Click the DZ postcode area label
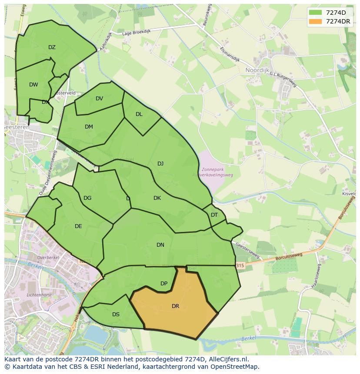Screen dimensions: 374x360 pos(52,47)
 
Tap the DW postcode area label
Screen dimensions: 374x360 pos(33,85)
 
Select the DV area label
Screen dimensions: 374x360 pos(99,99)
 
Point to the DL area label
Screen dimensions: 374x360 pos(139,114)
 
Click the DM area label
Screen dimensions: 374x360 pos(89,127)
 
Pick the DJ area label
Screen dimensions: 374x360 pos(160,164)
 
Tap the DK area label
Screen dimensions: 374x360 pos(157,198)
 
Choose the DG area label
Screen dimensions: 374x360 pos(87,198)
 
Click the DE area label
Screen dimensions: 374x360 pos(78,226)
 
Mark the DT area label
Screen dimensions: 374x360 pos(214,215)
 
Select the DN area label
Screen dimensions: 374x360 pos(160,245)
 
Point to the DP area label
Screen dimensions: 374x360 pos(164,284)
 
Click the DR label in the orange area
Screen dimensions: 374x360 pos(175,306)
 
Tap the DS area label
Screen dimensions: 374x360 pos(116,314)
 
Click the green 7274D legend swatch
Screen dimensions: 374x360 pos(315,13)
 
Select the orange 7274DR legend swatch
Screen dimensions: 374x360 pos(315,21)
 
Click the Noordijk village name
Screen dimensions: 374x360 pos(258,70)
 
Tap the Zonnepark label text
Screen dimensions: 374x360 pos(213,169)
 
